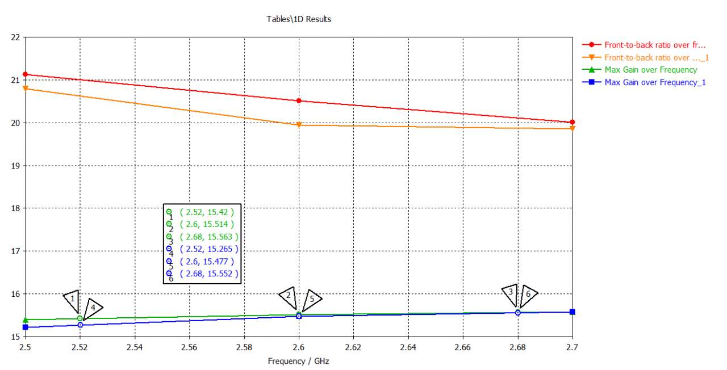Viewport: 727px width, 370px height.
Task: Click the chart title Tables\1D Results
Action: (x=299, y=19)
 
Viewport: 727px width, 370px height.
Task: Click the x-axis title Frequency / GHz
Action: (x=299, y=361)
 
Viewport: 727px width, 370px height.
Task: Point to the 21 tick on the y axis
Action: (x=15, y=80)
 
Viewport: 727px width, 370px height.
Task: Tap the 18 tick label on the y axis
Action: (x=15, y=208)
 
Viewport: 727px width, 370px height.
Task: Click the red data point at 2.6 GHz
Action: (x=299, y=101)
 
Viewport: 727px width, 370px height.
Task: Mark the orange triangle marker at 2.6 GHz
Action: (x=299, y=125)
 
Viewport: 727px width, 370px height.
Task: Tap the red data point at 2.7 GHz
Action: (x=572, y=122)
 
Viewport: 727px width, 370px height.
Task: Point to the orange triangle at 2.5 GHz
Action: (x=26, y=88)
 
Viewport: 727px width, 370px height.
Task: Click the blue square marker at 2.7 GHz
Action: (x=572, y=312)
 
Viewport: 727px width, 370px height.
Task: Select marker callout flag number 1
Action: (x=72, y=298)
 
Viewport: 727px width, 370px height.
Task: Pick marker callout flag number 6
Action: (x=528, y=294)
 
